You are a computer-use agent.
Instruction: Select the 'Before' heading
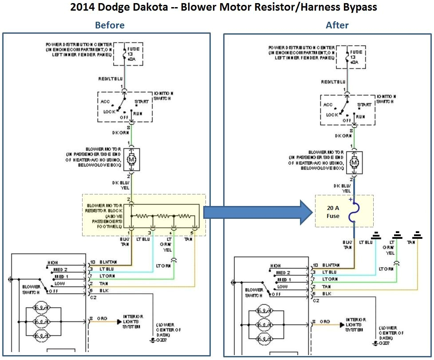(x=110, y=25)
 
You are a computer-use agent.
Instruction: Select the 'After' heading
(x=337, y=25)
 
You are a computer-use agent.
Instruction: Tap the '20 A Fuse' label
(x=333, y=212)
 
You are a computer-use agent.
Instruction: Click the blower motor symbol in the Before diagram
(x=132, y=158)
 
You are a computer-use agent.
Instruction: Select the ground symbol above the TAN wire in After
(x=417, y=235)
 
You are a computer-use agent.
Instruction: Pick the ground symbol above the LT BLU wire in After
(x=376, y=235)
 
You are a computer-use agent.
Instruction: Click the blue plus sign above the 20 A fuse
(x=350, y=200)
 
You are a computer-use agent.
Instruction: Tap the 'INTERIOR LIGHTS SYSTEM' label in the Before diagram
(x=133, y=323)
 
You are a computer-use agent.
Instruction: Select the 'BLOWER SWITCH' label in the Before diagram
(x=32, y=289)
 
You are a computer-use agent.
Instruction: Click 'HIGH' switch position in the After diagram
(x=275, y=266)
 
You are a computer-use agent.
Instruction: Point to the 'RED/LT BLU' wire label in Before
(x=110, y=79)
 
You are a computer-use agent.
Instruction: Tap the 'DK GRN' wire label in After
(x=343, y=136)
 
